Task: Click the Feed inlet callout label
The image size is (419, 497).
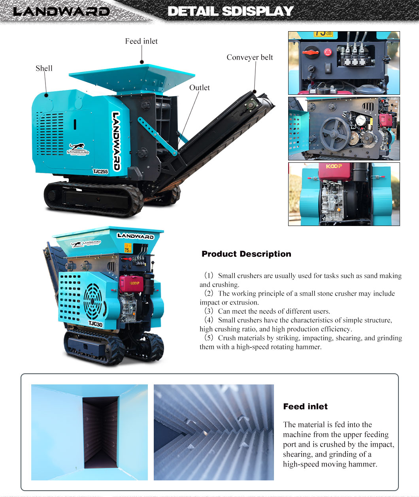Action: pyautogui.click(x=141, y=41)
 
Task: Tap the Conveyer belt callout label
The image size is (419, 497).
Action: pyautogui.click(x=250, y=57)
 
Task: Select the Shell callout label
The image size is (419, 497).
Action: pyautogui.click(x=44, y=68)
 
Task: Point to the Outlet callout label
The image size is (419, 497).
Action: pyautogui.click(x=199, y=88)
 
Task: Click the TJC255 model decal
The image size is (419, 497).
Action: pyautogui.click(x=100, y=171)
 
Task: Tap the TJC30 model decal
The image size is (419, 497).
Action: pyautogui.click(x=96, y=324)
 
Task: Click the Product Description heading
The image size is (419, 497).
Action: pyautogui.click(x=246, y=254)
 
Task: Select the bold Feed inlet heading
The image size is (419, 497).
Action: pyautogui.click(x=306, y=406)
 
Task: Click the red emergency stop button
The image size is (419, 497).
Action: pyautogui.click(x=328, y=52)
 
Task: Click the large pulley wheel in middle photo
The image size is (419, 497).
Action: pyautogui.click(x=335, y=134)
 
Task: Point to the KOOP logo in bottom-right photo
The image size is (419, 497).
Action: pyautogui.click(x=334, y=166)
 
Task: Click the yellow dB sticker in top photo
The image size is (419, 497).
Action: pyautogui.click(x=323, y=34)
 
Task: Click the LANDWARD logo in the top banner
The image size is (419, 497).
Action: pyautogui.click(x=61, y=11)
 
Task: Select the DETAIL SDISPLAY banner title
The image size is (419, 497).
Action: pyautogui.click(x=230, y=11)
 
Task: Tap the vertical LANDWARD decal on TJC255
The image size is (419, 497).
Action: pyautogui.click(x=116, y=141)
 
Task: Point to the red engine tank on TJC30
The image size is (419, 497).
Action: pyautogui.click(x=131, y=284)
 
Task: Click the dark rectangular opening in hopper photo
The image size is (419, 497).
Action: pyautogui.click(x=100, y=432)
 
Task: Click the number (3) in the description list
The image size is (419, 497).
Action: pyautogui.click(x=209, y=311)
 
